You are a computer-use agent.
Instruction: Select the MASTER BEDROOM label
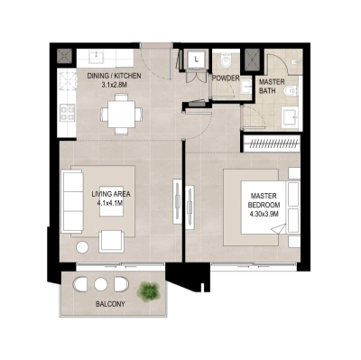click(264, 197)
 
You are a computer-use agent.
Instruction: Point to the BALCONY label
click(111, 305)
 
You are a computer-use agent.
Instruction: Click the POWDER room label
click(226, 78)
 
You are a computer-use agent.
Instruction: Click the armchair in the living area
click(113, 240)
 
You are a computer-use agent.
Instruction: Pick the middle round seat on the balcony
click(102, 287)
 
